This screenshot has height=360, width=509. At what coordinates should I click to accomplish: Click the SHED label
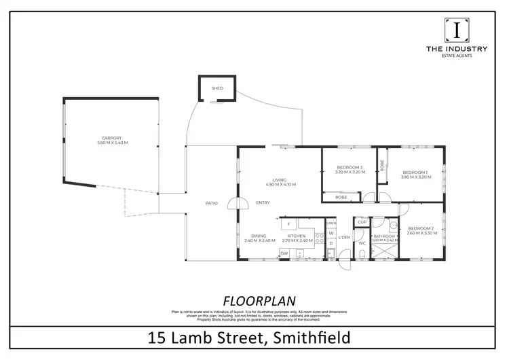217,88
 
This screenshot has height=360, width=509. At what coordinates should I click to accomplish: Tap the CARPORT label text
113,138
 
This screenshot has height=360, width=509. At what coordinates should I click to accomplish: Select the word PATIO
212,203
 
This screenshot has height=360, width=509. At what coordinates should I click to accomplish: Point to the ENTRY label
263,203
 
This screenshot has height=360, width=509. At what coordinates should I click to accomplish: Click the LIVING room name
280,179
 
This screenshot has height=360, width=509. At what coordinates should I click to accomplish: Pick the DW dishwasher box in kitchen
284,253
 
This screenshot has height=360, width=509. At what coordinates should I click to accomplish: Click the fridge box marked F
288,223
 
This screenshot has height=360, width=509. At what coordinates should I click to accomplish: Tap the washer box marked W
331,233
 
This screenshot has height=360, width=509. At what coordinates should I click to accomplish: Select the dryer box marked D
331,243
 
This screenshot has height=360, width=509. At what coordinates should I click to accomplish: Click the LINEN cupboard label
331,223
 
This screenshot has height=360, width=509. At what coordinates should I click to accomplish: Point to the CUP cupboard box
362,222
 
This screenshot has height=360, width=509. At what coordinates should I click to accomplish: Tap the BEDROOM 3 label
350,168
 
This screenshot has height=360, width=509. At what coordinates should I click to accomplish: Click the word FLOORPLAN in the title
254,300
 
